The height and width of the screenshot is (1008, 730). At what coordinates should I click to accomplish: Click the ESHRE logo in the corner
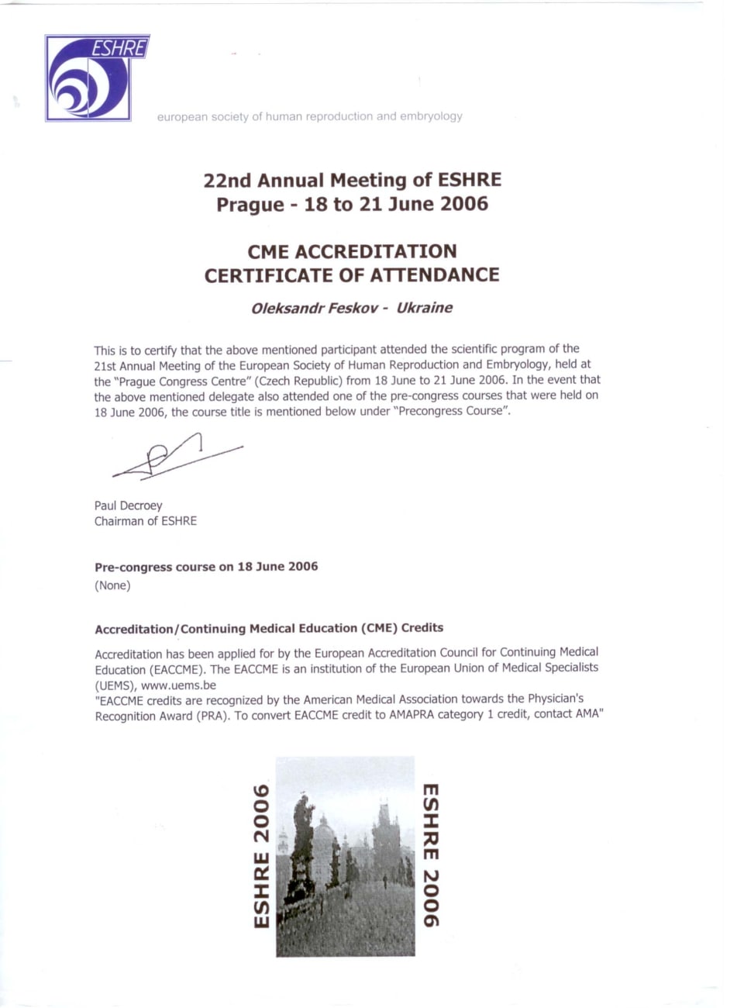pyautogui.click(x=96, y=78)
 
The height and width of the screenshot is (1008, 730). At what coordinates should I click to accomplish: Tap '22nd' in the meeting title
pyautogui.click(x=227, y=181)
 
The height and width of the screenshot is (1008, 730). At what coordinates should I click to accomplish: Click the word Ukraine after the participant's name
pyautogui.click(x=424, y=308)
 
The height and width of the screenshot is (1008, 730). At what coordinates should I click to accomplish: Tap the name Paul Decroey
pyautogui.click(x=129, y=506)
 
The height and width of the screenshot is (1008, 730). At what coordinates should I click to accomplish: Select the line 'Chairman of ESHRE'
pyautogui.click(x=146, y=521)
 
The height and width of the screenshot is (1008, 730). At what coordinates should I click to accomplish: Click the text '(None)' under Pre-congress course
pyautogui.click(x=112, y=585)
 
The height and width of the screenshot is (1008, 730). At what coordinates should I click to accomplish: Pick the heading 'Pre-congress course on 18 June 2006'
pyautogui.click(x=206, y=567)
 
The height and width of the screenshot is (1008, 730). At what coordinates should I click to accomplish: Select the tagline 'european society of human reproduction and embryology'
pyautogui.click(x=309, y=117)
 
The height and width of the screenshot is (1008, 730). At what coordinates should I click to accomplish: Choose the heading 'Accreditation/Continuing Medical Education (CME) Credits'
pyautogui.click(x=269, y=628)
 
